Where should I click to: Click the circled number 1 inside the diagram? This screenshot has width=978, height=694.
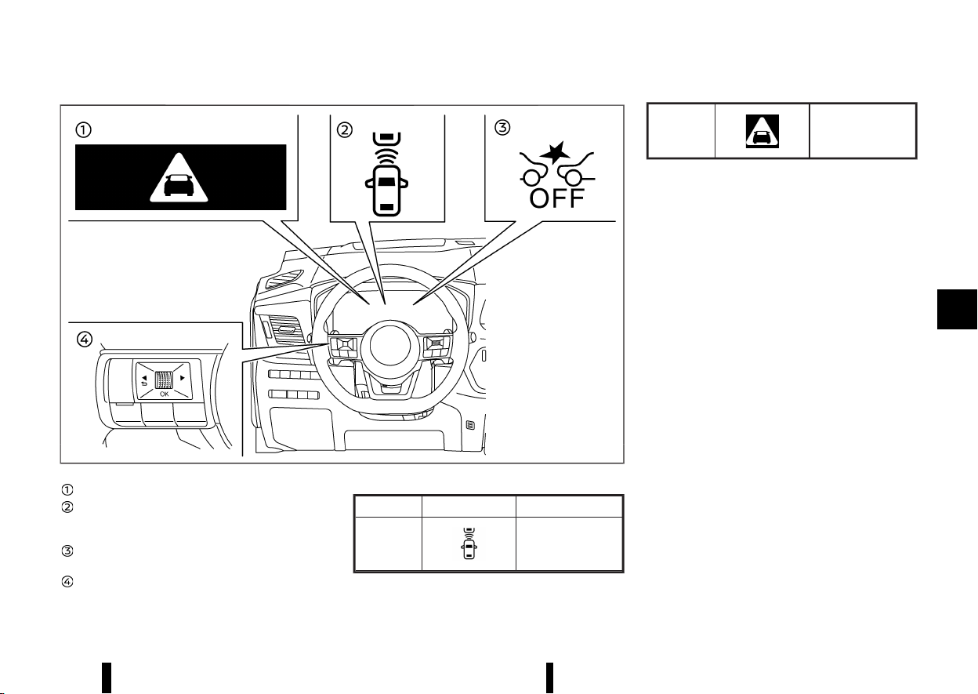tap(83, 130)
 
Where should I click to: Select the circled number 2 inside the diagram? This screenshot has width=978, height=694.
tap(345, 130)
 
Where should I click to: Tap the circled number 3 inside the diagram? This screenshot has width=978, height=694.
tap(502, 128)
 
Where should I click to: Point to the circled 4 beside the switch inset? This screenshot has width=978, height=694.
tap(85, 339)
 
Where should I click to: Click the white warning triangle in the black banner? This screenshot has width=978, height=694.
tap(179, 178)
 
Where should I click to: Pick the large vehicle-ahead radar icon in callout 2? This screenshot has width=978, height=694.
tap(387, 174)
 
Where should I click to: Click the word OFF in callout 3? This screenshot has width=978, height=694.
tap(556, 198)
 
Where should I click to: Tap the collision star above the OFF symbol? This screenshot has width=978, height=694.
tap(555, 152)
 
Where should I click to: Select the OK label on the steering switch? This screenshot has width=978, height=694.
tap(164, 394)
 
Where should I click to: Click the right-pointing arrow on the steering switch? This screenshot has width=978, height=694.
tap(183, 378)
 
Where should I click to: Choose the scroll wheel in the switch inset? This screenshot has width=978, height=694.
tap(164, 380)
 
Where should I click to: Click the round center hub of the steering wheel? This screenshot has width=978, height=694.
tap(390, 346)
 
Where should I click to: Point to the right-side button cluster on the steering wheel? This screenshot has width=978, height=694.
tap(436, 347)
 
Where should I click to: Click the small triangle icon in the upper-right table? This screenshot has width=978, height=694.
tap(762, 131)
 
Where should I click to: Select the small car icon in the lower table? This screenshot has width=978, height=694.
tap(469, 543)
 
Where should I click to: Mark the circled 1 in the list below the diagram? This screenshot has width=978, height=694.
tap(67, 489)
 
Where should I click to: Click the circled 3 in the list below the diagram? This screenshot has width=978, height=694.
tap(67, 551)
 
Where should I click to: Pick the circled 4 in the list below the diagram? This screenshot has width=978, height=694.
tap(67, 582)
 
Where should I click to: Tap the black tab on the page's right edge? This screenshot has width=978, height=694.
tap(957, 309)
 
